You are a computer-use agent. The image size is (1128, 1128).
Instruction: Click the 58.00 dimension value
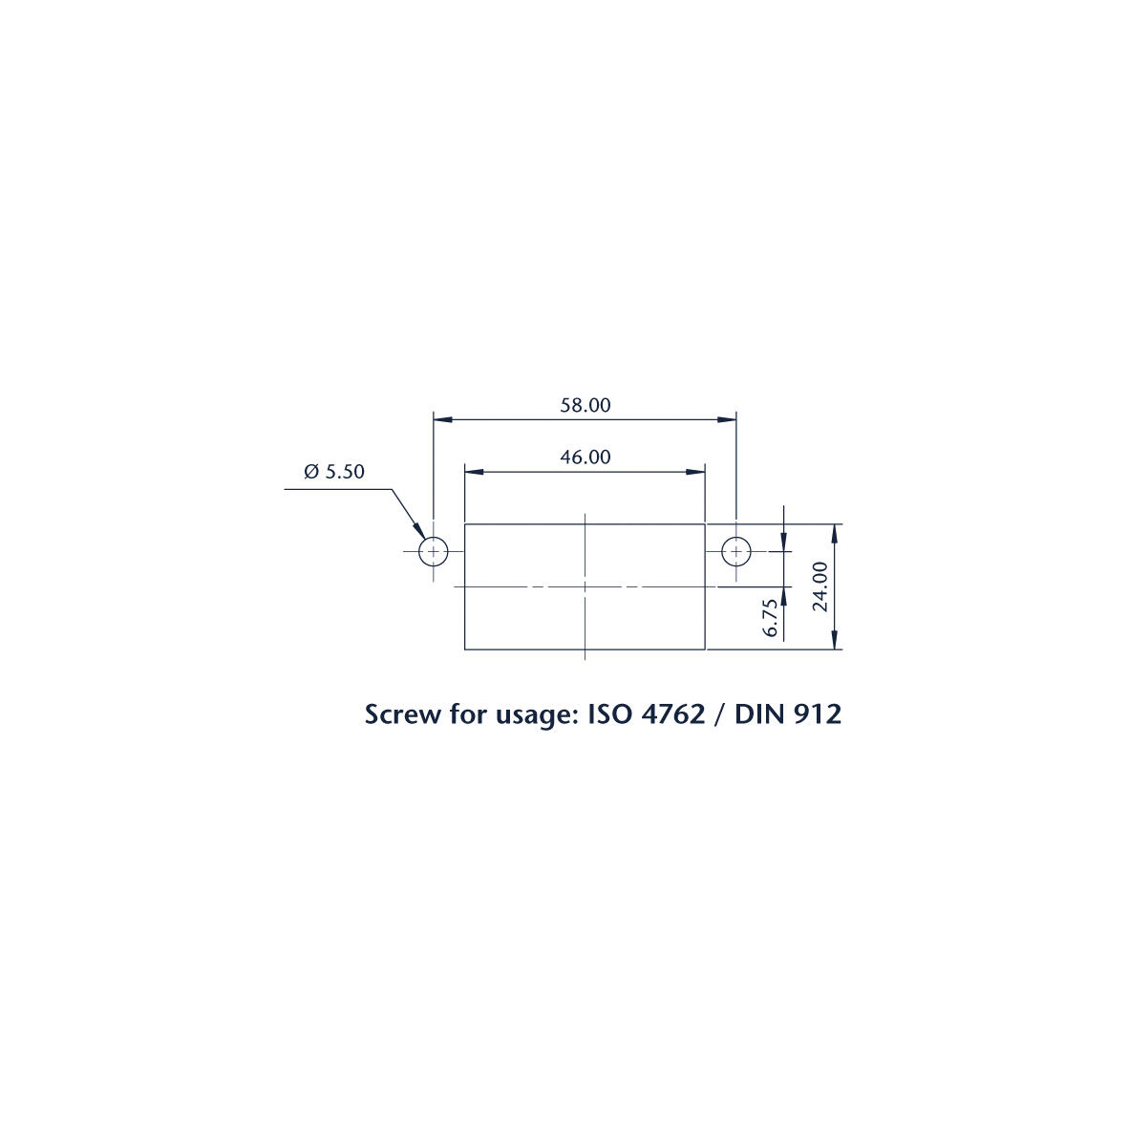tap(585, 405)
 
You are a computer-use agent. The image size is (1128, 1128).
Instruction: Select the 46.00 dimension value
tap(585, 457)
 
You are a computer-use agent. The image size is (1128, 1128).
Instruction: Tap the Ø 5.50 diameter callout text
tap(333, 471)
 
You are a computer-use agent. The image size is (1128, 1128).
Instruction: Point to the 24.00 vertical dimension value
tap(820, 586)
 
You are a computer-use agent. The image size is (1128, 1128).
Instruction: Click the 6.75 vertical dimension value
tap(771, 617)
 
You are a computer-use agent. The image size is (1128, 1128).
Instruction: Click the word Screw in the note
tap(401, 714)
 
